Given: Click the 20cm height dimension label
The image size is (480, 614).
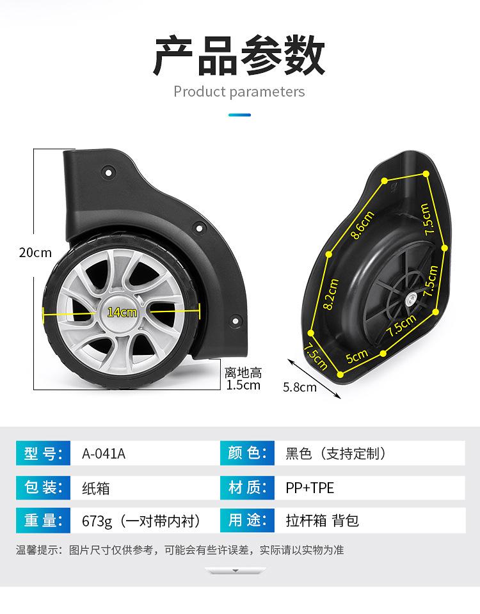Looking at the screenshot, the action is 35,253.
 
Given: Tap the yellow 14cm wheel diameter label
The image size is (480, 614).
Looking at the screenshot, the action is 122,312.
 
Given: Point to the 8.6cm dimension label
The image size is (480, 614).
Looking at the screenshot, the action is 362,224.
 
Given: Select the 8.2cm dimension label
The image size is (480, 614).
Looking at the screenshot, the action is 330,294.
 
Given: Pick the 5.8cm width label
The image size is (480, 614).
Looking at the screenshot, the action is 300,388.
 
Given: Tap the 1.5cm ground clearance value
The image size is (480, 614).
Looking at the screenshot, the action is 243,385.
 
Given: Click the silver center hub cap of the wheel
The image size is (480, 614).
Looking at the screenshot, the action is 122,311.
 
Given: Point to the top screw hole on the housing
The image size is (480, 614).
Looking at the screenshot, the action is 108,171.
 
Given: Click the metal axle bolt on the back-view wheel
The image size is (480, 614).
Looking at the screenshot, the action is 410,300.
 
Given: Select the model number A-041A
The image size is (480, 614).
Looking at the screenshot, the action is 104,453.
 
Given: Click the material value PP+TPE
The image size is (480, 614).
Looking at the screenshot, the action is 310,488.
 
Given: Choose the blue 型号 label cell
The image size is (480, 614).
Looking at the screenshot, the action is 43,453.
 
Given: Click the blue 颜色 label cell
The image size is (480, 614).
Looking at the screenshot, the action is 247,453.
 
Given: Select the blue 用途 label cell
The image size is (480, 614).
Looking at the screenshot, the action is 247,520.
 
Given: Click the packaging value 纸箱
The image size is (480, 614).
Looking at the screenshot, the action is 95,488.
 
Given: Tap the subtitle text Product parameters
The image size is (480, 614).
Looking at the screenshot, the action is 239,91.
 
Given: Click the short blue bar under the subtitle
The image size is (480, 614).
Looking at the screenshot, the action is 239,114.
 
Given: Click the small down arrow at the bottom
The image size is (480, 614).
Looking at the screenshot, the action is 235,571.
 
